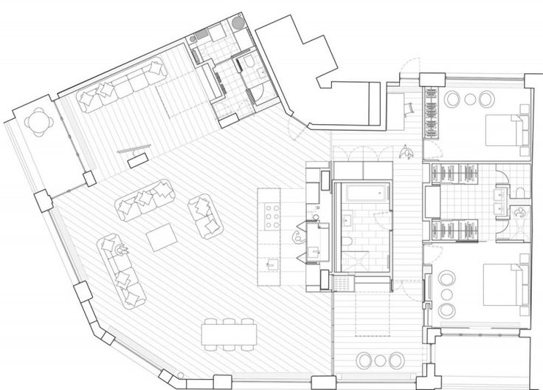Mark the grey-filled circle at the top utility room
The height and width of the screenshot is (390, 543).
[x=236, y=23]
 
